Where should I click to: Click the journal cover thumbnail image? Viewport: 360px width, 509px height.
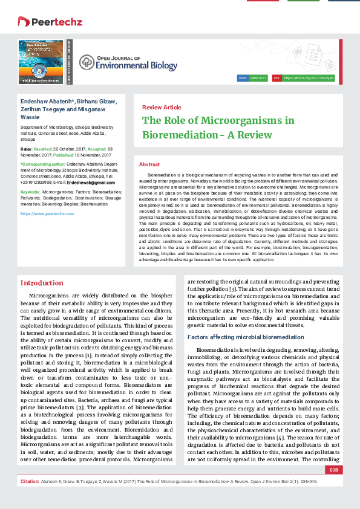pos(42,62)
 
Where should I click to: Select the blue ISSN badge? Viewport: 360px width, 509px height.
pos(244,79)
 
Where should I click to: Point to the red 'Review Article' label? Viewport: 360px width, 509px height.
pos(162,107)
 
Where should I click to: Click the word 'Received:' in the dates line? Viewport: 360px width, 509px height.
pos(44,148)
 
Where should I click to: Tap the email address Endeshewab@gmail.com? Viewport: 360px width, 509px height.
pos(91,182)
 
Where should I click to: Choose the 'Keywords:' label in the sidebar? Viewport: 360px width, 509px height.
pos(30,190)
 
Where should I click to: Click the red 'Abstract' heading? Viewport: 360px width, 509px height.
pos(149,164)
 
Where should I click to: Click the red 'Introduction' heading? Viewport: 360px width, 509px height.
pos(42,283)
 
